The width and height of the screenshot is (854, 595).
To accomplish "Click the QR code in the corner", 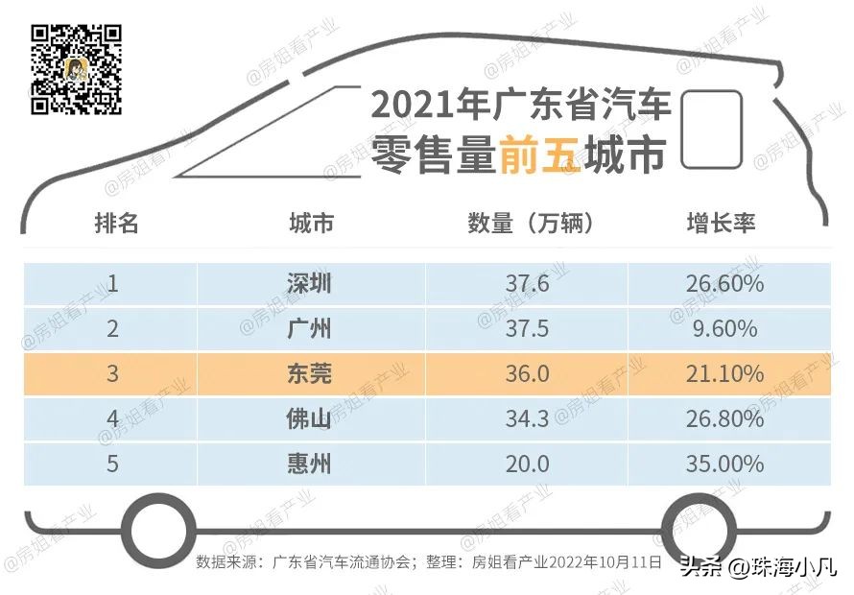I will (77, 70).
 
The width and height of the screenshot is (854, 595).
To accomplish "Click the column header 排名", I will (116, 224).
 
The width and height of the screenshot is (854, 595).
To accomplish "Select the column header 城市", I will (311, 224).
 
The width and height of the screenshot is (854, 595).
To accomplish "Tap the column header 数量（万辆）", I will (531, 224).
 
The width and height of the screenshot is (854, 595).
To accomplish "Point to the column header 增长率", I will (721, 224).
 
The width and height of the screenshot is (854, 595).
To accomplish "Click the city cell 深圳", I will (309, 283).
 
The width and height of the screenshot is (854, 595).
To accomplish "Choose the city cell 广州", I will (309, 328).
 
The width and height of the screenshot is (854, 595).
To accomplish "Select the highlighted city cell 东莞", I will (309, 373).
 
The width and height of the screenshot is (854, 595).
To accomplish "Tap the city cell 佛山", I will (309, 418).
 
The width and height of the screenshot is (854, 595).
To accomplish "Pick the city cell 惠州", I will (309, 464).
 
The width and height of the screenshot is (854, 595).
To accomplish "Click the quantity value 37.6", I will (527, 283).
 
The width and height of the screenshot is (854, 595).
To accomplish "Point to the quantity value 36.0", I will (527, 373).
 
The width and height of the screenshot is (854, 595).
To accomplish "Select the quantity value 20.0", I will (527, 464).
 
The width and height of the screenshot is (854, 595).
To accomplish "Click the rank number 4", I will (113, 418).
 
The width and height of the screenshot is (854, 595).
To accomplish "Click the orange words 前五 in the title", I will (539, 155).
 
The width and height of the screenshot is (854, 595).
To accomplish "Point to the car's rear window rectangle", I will (711, 130).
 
